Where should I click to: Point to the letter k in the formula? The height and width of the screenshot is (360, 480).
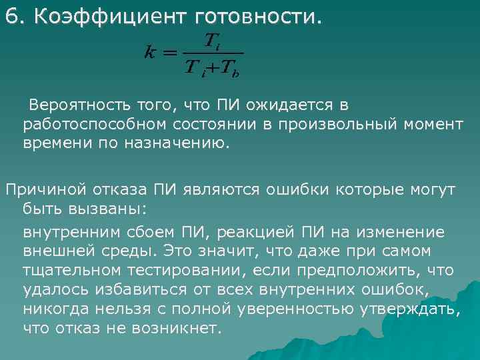(x=151, y=52)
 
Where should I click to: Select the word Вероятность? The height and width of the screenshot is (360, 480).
(x=82, y=105)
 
